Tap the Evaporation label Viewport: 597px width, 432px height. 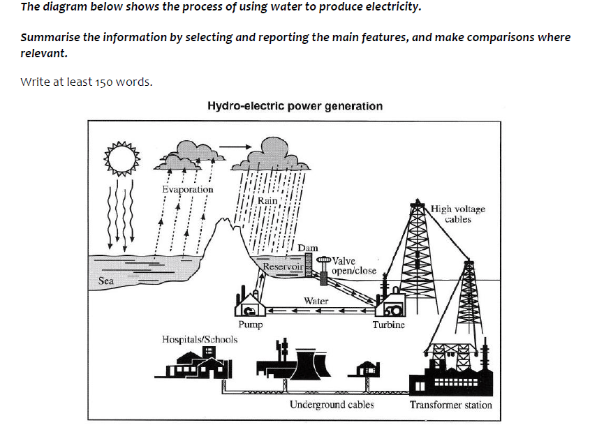coord(187,189)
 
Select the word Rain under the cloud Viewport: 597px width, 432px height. coord(267,200)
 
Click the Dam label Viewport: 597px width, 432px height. coord(307,248)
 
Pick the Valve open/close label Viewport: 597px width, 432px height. coord(354,266)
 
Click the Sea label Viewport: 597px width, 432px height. coord(106,281)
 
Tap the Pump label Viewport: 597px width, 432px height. coord(250,325)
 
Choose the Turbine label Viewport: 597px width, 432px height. coord(388,325)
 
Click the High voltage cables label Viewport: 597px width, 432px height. coord(458,214)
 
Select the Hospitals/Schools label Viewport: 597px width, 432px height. coord(199,339)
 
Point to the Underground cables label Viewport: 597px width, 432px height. coord(332,405)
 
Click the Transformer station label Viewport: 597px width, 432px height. coord(450,405)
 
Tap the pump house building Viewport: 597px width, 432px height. coord(249,304)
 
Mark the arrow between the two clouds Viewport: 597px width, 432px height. coord(233,147)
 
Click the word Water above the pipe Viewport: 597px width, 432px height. coord(316,301)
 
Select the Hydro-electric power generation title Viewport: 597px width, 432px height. coord(295,106)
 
